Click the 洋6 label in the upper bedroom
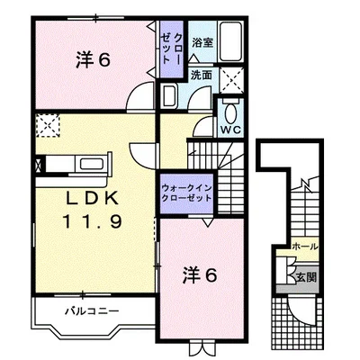[x=93, y=60]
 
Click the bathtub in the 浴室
[x=231, y=40]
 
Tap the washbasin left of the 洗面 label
[x=169, y=96]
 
